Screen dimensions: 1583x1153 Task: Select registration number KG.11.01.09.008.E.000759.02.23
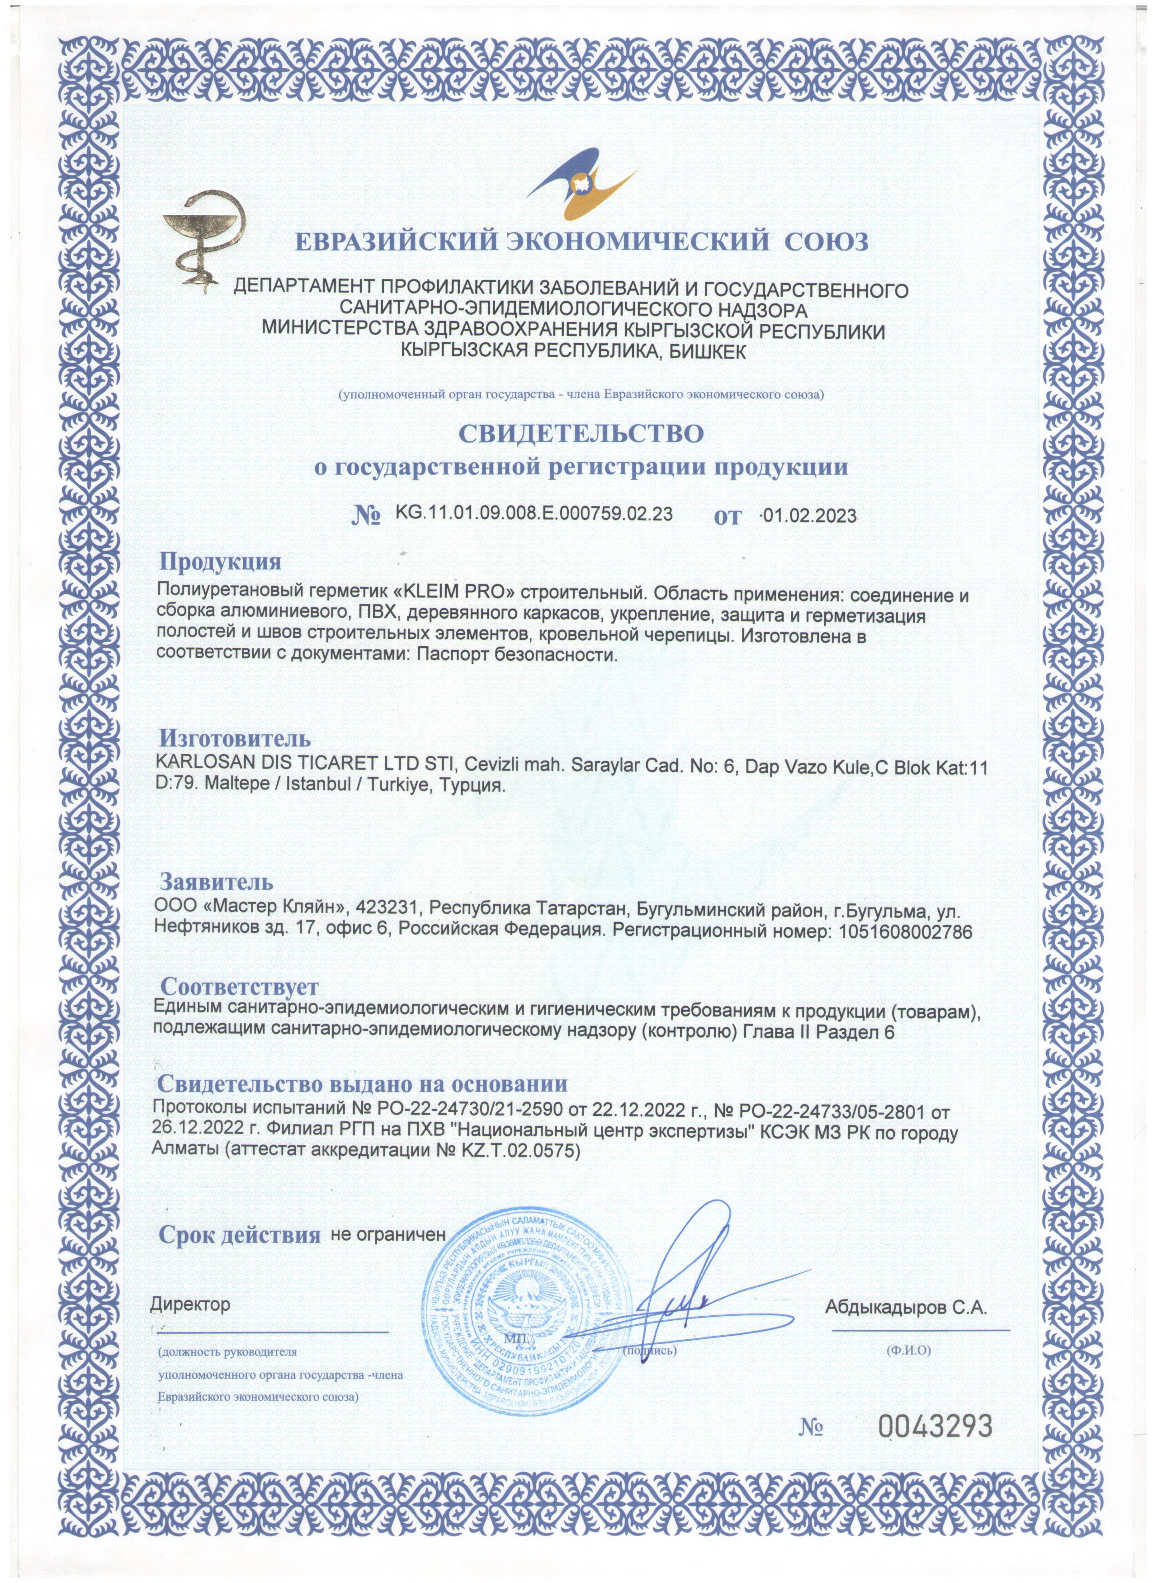(534, 514)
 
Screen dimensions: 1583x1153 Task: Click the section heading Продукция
(221, 561)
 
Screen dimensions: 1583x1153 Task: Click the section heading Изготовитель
(236, 738)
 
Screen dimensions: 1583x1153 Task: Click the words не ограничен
(387, 1253)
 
